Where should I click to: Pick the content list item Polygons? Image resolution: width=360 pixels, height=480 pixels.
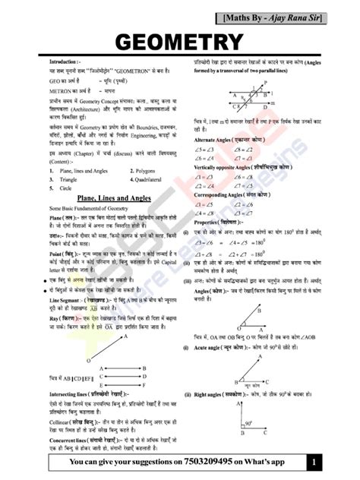[x=142, y=172]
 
